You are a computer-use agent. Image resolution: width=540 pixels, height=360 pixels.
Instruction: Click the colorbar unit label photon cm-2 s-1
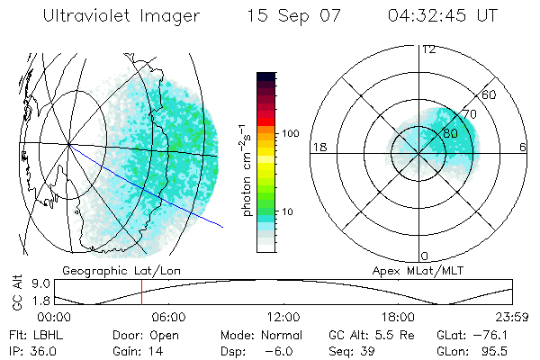[246, 171]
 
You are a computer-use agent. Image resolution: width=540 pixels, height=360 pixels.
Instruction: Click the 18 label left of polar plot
[319, 148]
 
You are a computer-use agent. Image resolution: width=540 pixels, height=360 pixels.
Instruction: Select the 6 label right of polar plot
[523, 148]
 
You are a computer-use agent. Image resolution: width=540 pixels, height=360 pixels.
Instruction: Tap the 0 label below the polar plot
[425, 256]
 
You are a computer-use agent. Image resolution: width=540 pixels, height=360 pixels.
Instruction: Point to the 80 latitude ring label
[450, 130]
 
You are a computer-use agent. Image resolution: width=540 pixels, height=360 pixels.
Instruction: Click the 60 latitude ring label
[490, 94]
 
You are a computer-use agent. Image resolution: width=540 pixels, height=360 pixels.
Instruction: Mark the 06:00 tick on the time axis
[168, 317]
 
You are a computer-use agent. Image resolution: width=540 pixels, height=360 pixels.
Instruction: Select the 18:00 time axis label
[398, 317]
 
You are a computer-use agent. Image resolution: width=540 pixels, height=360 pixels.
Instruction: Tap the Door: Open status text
[144, 334]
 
